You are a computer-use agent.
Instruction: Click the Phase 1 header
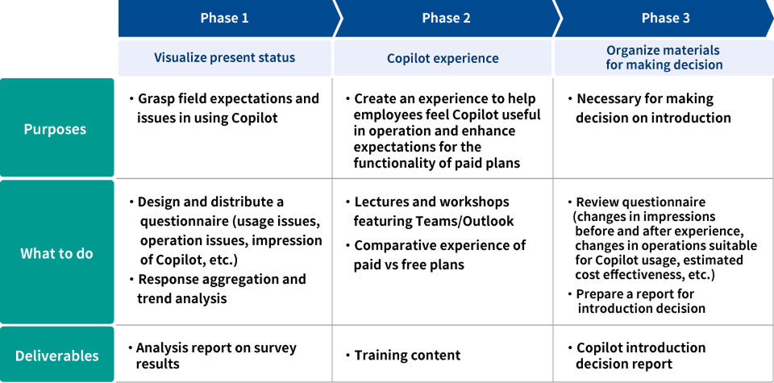point(224,18)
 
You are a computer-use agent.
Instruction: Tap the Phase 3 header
point(665,18)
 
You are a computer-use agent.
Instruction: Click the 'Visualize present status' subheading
point(224,58)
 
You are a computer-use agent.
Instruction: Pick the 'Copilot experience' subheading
point(443,58)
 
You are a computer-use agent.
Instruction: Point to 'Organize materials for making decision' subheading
point(664,58)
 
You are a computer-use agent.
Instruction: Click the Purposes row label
point(55,129)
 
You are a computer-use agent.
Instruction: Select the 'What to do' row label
point(56,253)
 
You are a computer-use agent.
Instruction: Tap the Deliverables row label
point(56,356)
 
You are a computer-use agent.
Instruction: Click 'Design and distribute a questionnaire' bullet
point(229,231)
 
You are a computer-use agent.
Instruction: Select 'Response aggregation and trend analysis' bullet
point(221,289)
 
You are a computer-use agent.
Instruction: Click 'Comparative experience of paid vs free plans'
point(439,255)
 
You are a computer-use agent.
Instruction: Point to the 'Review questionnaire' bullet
point(664,238)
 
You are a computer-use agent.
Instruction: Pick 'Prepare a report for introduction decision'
point(640,301)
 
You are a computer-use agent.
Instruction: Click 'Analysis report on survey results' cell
point(214,356)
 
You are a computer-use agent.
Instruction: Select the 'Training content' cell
point(407,356)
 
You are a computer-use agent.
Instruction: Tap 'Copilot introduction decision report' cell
point(640,356)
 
